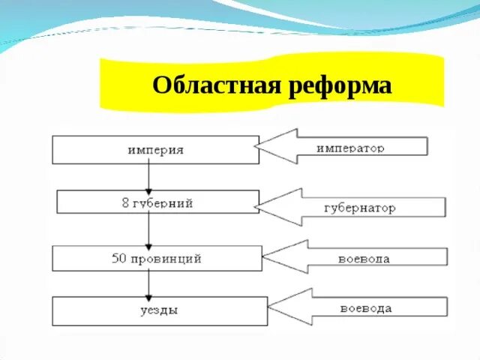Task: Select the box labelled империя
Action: (154, 149)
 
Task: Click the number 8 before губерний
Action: (124, 202)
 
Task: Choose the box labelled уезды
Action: (159, 311)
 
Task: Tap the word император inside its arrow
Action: (350, 148)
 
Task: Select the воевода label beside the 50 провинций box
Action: (364, 259)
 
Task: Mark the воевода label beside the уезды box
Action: (365, 307)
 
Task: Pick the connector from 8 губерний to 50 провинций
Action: (149, 229)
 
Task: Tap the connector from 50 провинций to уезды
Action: (149, 283)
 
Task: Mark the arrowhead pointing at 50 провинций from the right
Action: (283, 257)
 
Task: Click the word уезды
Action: (159, 311)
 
